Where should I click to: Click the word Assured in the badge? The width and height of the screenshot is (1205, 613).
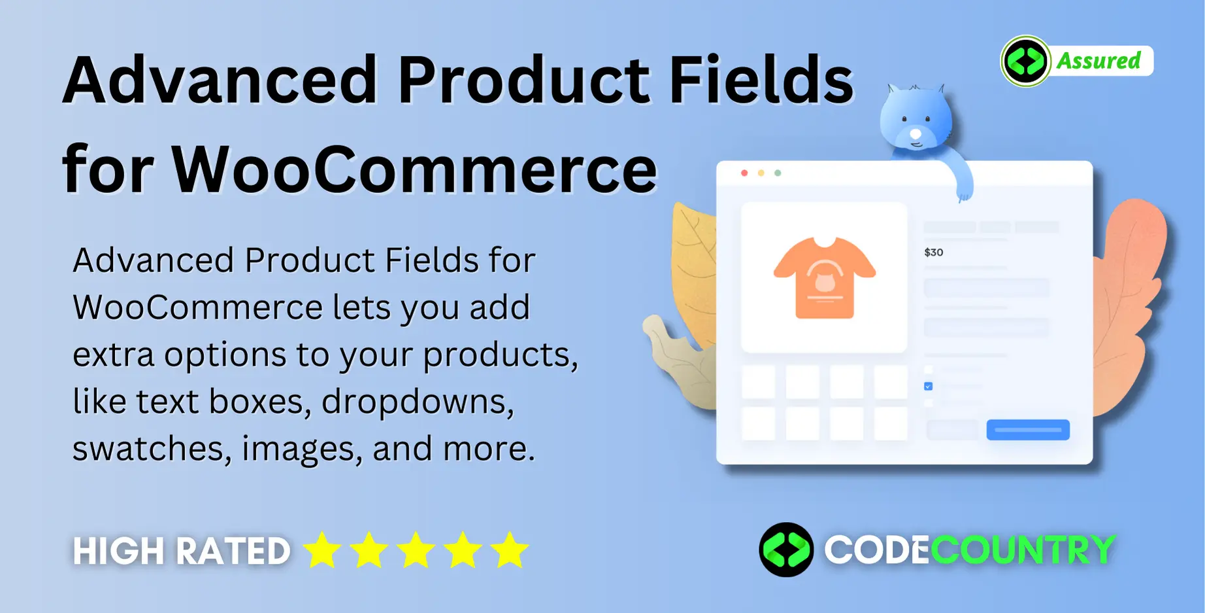pos(1098,61)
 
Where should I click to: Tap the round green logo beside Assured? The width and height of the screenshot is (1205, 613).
pos(1026,61)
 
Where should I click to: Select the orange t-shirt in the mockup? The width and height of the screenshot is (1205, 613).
pos(825,277)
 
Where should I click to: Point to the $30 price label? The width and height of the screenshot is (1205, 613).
pos(934,253)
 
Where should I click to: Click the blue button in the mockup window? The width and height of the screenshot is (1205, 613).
pos(1028,430)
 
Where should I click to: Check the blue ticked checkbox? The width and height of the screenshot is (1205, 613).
pos(928,387)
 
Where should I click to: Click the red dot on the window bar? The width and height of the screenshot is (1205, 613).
pos(744,173)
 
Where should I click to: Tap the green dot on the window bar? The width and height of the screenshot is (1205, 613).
pos(778,173)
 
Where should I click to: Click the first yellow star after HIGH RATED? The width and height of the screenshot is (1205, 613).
pos(322,550)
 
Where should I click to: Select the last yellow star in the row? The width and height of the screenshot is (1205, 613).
pos(510,550)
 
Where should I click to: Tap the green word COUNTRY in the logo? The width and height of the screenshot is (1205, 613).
pos(1022,550)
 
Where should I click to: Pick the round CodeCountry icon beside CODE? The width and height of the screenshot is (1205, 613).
pos(786,550)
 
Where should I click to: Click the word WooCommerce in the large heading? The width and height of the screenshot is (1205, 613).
pos(414,169)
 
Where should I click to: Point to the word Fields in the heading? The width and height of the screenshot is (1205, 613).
pos(761,80)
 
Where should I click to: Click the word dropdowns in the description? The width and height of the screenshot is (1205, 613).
pos(418,401)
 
